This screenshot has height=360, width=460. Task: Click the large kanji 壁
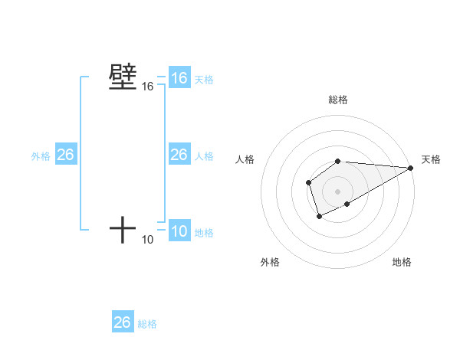(x=123, y=77)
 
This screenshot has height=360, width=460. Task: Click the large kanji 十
(x=123, y=230)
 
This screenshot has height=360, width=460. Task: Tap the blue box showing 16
(x=179, y=78)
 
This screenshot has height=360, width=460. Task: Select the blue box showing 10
(x=179, y=231)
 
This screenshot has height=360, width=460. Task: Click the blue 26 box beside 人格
(x=179, y=155)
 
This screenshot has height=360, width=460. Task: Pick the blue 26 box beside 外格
(x=65, y=155)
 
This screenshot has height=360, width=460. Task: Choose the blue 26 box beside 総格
(x=123, y=322)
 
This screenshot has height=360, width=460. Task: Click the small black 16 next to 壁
(x=147, y=87)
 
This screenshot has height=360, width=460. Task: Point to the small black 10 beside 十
(x=147, y=241)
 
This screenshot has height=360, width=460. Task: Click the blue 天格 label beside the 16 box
(x=204, y=80)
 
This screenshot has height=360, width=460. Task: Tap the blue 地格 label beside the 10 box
(x=204, y=233)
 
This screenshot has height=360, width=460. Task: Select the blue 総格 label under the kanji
(x=147, y=324)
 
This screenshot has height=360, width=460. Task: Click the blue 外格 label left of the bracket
(x=41, y=156)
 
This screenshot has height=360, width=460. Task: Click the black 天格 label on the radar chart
(x=431, y=159)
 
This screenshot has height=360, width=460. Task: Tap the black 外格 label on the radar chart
(x=270, y=262)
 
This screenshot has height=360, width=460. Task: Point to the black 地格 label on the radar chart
(x=402, y=262)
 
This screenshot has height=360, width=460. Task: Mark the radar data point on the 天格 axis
(x=411, y=168)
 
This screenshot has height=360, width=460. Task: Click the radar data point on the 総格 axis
(x=338, y=161)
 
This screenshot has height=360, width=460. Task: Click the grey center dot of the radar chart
(x=338, y=191)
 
